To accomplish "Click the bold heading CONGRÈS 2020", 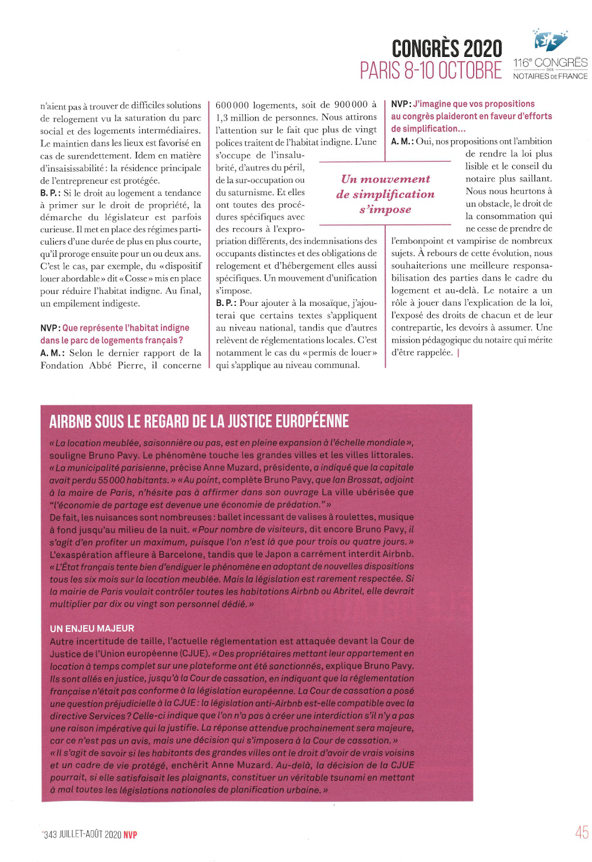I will [446, 48].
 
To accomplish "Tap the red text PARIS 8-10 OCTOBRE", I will [430, 71].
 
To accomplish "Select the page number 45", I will [581, 833].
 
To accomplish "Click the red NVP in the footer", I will [130, 835].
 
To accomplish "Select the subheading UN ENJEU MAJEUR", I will [92, 629].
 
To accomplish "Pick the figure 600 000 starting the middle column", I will [232, 105].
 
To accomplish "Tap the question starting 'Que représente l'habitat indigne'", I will [126, 328].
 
